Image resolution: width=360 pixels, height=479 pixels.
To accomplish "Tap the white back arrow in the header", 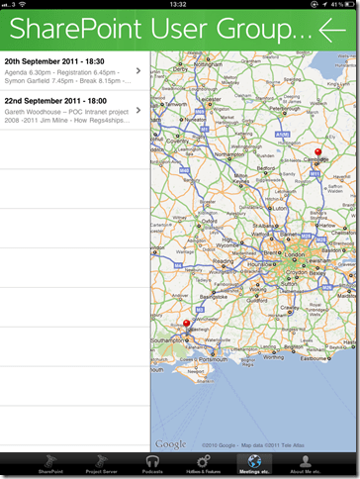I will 332,32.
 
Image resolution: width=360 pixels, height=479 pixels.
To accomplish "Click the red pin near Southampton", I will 187,324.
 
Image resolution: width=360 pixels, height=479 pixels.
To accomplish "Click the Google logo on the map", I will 170,443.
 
